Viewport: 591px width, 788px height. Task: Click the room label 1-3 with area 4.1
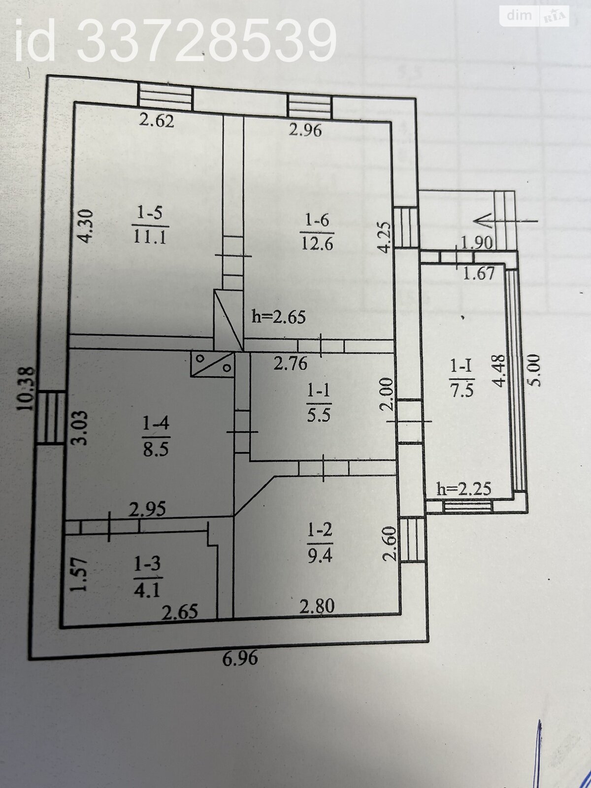[x=148, y=576]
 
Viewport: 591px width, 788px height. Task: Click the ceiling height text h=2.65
[x=279, y=317]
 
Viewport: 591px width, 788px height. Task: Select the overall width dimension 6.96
[x=240, y=658]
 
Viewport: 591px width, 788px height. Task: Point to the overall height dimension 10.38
[x=26, y=389]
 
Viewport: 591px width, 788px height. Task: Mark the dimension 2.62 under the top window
[x=156, y=121]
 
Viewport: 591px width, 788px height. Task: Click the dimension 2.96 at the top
[x=305, y=131]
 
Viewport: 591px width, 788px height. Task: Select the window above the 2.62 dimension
[x=164, y=97]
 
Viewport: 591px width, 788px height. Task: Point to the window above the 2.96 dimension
[x=309, y=107]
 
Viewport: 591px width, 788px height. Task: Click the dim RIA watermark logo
[x=534, y=16]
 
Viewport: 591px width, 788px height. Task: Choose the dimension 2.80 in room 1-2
[x=318, y=605]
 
